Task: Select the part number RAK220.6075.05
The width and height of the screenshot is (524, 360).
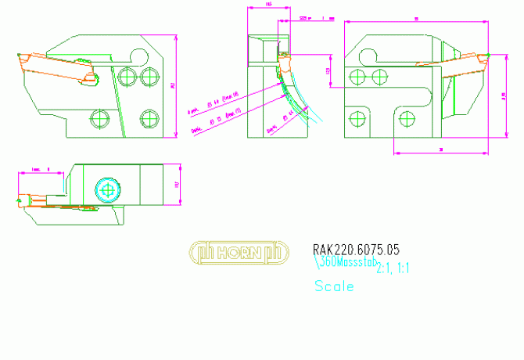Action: (x=356, y=250)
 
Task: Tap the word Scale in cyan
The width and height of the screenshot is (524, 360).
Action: (x=334, y=286)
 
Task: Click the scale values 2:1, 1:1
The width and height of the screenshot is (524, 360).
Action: (x=393, y=268)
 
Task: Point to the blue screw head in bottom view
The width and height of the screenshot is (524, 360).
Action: (x=108, y=189)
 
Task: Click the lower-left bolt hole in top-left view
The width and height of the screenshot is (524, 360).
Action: (x=98, y=118)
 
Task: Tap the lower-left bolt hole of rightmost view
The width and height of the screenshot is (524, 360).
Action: (x=357, y=118)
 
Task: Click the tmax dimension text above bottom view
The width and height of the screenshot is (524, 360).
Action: (x=41, y=168)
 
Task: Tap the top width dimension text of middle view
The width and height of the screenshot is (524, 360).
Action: (x=269, y=5)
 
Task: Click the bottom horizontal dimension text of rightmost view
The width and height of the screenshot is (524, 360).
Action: (x=442, y=148)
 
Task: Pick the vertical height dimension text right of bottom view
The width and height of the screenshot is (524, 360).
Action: (x=177, y=185)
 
